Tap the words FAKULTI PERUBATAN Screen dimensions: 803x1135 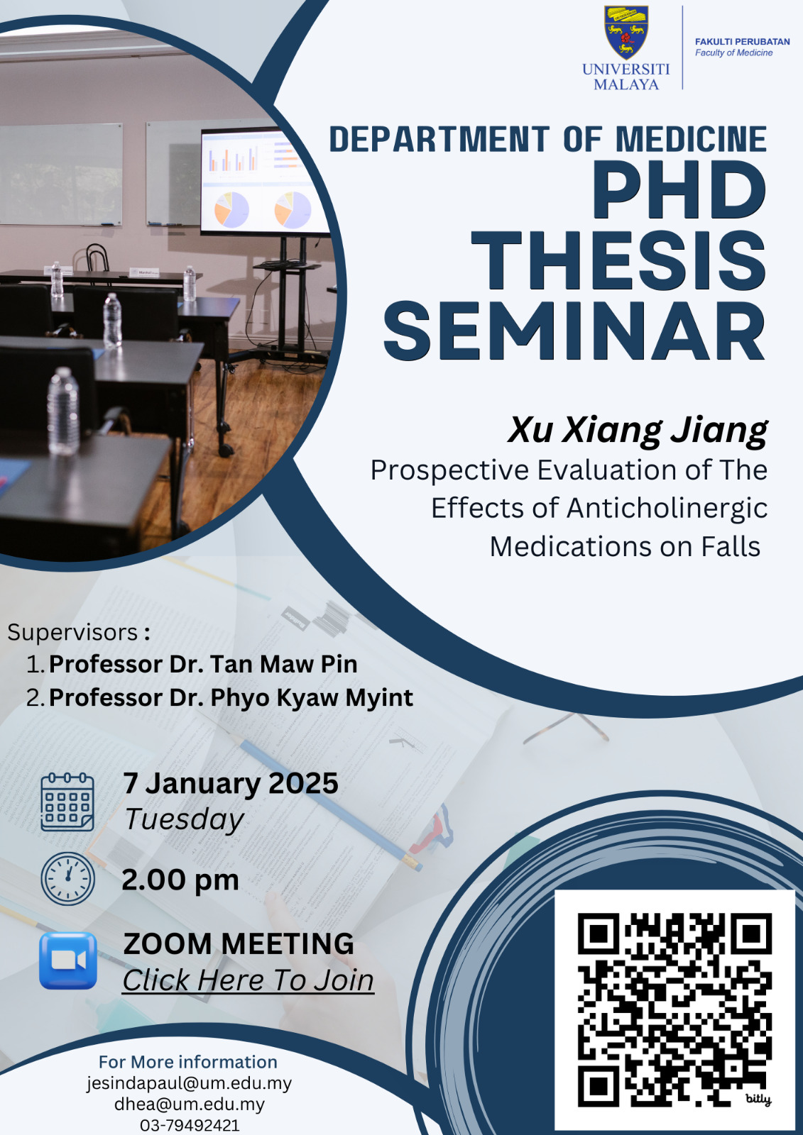(x=742, y=42)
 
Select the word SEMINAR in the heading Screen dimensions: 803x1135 (x=574, y=331)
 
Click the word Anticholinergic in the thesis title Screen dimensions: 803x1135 (x=667, y=509)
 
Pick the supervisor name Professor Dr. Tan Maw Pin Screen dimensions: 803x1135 (x=203, y=664)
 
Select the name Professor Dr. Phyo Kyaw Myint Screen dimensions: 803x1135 (x=231, y=698)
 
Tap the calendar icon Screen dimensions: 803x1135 (x=67, y=802)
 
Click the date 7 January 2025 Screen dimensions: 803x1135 (x=231, y=783)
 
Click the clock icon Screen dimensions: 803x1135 (x=67, y=879)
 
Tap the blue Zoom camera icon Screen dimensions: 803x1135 (x=68, y=960)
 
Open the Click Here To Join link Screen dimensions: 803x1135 (x=248, y=980)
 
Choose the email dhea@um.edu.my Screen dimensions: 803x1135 (x=189, y=1104)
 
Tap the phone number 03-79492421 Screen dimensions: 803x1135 (x=189, y=1126)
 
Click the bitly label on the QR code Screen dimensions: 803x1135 (x=758, y=1099)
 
